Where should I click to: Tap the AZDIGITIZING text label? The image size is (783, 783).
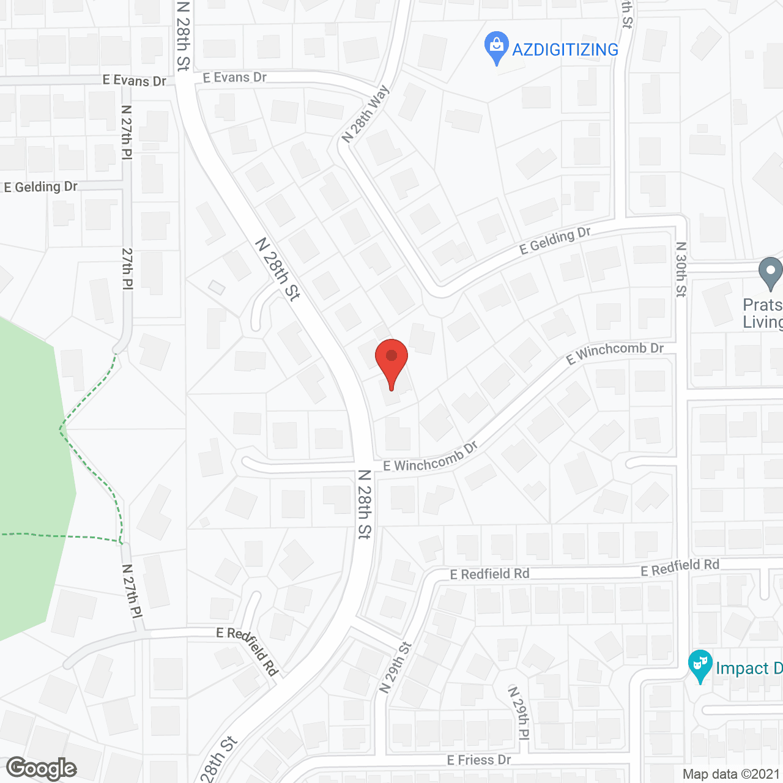[x=565, y=50]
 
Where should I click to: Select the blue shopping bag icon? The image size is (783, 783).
[x=497, y=48]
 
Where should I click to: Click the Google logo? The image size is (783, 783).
[x=42, y=768]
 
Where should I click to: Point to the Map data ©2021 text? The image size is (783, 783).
[x=731, y=774]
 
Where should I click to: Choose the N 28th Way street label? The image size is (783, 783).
[x=365, y=114]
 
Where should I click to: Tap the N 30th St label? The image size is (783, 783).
[x=681, y=269]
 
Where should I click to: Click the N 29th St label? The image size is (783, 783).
[x=396, y=667]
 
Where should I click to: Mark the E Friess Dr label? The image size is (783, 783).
[x=479, y=760]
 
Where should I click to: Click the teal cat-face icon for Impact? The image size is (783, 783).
[x=700, y=666]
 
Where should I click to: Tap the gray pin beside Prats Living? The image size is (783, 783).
[x=770, y=273]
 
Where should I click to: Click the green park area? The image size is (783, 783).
[x=31, y=477]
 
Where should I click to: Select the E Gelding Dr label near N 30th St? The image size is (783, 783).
[x=555, y=240]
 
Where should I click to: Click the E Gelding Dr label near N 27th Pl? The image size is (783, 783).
[x=41, y=187]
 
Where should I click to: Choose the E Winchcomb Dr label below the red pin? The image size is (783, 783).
[x=430, y=458]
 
